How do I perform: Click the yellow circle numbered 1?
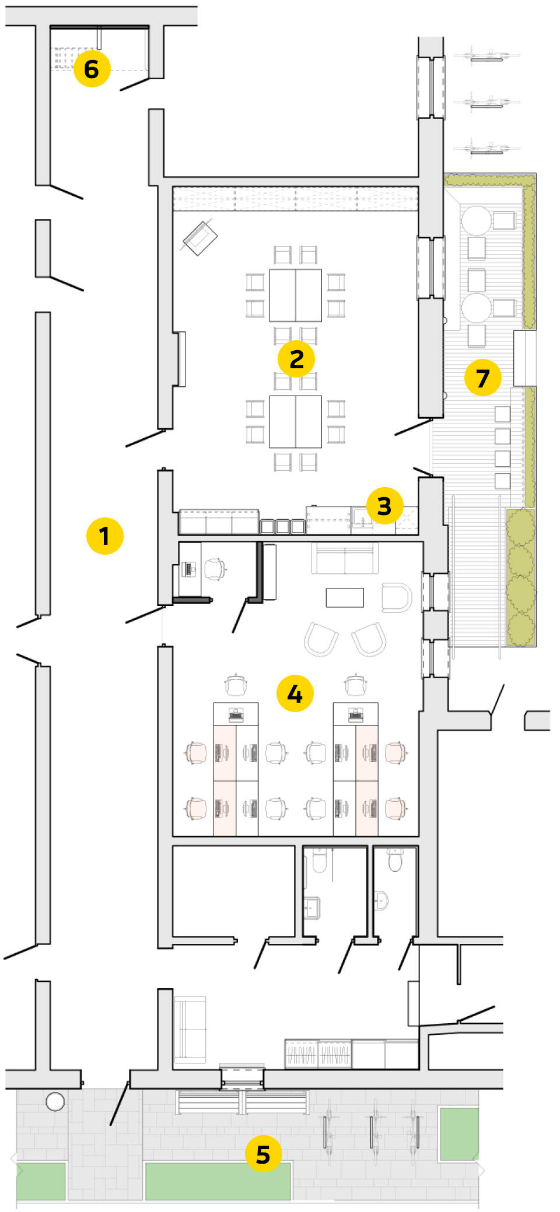tap(104, 535)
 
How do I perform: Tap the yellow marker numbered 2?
tap(296, 359)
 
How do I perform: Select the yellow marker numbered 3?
tap(384, 506)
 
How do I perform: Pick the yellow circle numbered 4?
tap(295, 694)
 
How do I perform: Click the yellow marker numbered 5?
tap(263, 1154)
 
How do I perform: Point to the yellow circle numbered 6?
tap(92, 69)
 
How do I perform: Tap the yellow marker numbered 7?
tap(482, 378)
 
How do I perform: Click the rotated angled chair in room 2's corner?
tap(200, 238)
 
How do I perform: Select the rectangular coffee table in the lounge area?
tap(345, 598)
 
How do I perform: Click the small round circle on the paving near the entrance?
tap(55, 1102)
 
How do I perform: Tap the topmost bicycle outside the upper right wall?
tap(487, 56)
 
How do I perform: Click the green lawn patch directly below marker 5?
tap(218, 1182)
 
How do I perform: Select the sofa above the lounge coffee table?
tap(345, 559)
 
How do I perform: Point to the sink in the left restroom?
tap(311, 907)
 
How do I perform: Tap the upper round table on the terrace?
tap(477, 220)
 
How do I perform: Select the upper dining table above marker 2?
tap(295, 295)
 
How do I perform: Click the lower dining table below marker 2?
tap(295, 421)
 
